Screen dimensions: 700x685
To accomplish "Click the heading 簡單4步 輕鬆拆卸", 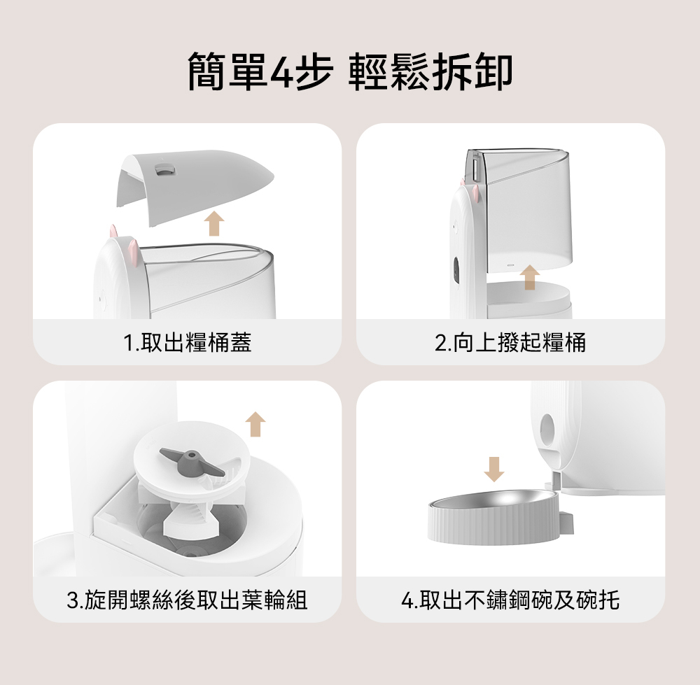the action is pos(349,71).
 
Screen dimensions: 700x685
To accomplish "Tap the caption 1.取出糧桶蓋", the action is pos(187,342).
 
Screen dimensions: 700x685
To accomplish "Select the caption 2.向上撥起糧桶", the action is pos(510,342).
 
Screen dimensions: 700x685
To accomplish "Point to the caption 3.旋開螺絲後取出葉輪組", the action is pos(187,600).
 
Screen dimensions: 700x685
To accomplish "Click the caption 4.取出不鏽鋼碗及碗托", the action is pos(510,600).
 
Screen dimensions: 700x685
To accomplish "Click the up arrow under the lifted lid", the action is pos(214,223).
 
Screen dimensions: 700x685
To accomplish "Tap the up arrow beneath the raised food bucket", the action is pos(530,276).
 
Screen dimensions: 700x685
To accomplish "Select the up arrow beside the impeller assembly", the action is pos(255,424).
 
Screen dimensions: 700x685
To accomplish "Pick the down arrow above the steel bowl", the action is pos(493,469).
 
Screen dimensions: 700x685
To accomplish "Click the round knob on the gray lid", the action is pos(164,169).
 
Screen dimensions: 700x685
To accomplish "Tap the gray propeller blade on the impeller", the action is pos(192,462).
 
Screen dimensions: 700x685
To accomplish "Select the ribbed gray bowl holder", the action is pos(493,520).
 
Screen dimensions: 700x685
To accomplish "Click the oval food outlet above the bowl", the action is pos(547,430).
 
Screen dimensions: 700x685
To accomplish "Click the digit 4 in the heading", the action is pos(282,72).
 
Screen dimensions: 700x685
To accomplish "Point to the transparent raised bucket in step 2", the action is pos(519,211).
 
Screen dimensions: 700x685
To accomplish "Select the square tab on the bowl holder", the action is pos(566,523).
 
